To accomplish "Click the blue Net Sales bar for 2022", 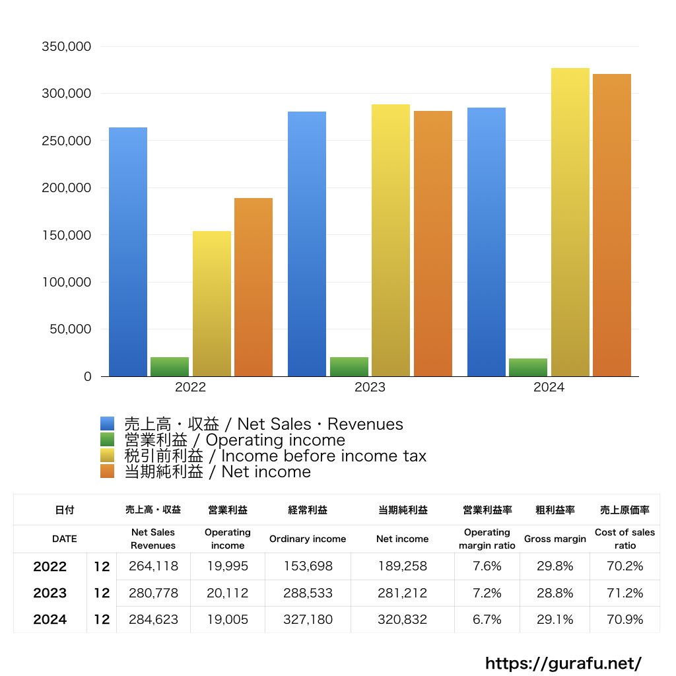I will [128, 252].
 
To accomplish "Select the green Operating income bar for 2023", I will [349, 366].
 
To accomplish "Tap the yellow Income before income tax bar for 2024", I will [570, 222].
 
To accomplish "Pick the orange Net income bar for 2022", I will [253, 287].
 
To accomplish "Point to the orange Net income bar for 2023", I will [433, 244].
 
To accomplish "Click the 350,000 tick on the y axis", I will [66, 47].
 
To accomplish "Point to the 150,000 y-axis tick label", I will [66, 235].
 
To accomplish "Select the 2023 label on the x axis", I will [370, 388].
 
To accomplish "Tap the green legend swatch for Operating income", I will [108, 440].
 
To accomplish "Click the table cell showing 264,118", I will [153, 566].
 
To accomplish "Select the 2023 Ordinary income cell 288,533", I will [307, 593].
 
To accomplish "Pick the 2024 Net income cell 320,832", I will [402, 620].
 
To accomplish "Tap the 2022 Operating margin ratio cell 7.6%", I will [487, 566].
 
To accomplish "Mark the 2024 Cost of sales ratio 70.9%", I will [625, 620].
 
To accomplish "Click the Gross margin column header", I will [555, 539].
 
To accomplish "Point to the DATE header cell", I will [64, 539].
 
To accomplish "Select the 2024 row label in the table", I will [50, 620].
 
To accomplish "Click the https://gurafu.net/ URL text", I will [563, 663].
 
